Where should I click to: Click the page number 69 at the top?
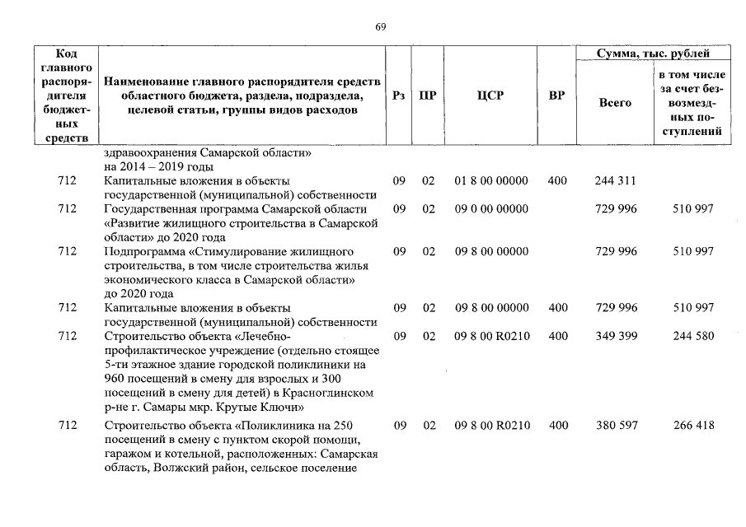click(x=381, y=26)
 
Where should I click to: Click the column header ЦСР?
click(x=490, y=96)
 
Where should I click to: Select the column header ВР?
click(x=556, y=96)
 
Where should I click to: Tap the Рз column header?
click(x=400, y=96)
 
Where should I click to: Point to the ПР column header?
click(x=428, y=96)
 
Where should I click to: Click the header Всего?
click(x=615, y=103)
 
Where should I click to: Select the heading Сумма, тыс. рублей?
click(x=652, y=54)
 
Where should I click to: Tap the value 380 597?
click(x=616, y=425)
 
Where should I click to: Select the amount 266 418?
click(x=692, y=425)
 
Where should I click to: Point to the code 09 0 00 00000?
click(x=491, y=209)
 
